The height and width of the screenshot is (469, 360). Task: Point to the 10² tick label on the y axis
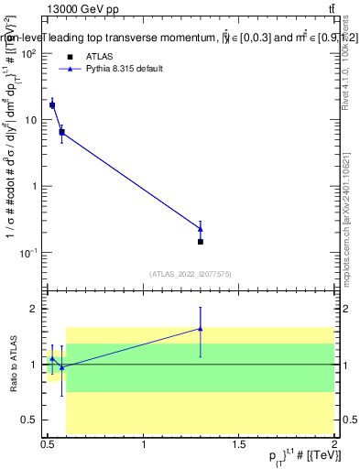point(28,54)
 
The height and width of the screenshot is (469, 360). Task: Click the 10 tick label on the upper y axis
point(30,120)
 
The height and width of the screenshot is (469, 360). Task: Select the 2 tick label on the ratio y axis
point(32,309)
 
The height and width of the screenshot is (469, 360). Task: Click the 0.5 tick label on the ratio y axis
point(28,420)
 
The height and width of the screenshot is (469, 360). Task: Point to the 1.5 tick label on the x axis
point(240,445)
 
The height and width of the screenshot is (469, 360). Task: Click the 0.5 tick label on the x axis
point(49,445)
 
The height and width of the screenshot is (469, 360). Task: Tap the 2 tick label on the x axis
point(335,445)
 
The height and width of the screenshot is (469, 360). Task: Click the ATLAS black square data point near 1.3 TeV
point(201,242)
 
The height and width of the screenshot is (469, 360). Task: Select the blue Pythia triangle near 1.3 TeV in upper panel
point(201,228)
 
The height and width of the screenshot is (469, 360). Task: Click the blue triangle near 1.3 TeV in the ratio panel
point(201,328)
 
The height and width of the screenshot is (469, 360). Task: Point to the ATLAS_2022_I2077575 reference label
point(191,274)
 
